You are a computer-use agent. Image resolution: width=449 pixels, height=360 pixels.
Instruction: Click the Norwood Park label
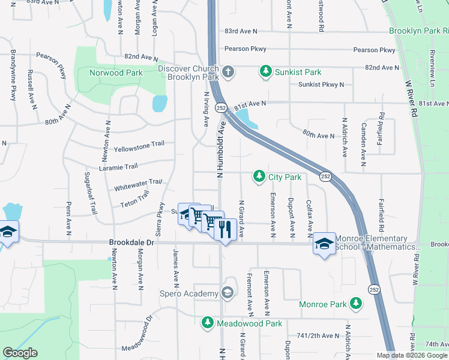tap(116, 73)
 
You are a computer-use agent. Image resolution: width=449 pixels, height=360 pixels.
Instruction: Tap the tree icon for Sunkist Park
tap(265, 72)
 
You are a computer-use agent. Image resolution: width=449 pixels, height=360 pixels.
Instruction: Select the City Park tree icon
tap(259, 176)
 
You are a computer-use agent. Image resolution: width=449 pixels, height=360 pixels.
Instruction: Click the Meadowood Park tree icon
tap(207, 323)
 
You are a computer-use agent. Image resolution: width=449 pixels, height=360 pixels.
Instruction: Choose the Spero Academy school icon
tap(227, 293)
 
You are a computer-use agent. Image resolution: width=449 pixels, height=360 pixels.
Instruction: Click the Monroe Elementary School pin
tap(324, 243)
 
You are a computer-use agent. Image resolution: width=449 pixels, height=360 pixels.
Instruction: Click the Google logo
tap(20, 353)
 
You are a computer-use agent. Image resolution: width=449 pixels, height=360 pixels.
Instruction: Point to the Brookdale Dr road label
tap(131, 243)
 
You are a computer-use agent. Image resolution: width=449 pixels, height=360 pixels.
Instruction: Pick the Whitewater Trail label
tap(139, 184)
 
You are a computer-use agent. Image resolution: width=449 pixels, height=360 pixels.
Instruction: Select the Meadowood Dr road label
tap(137, 339)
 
